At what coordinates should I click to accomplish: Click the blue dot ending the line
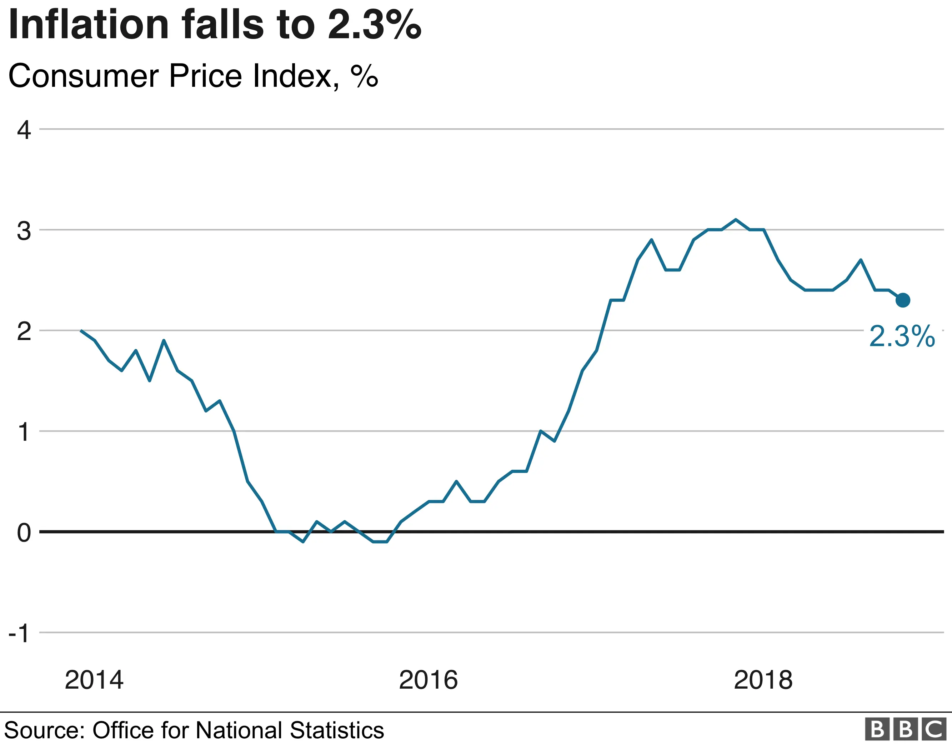[x=903, y=300]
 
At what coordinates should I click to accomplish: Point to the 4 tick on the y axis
[x=24, y=130]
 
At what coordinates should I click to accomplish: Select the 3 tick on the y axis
[x=24, y=231]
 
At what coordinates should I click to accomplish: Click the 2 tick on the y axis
[x=24, y=331]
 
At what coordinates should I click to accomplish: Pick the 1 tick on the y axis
[x=24, y=432]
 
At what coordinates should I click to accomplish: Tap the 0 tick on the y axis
[x=24, y=533]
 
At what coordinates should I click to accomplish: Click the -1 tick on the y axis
[x=20, y=633]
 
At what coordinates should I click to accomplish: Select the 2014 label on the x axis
[x=94, y=679]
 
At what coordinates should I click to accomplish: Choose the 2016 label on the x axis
[x=429, y=679]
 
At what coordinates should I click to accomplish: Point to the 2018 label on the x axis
[x=763, y=679]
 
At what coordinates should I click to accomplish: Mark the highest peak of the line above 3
[x=736, y=219]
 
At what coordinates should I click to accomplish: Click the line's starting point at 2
[x=81, y=331]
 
